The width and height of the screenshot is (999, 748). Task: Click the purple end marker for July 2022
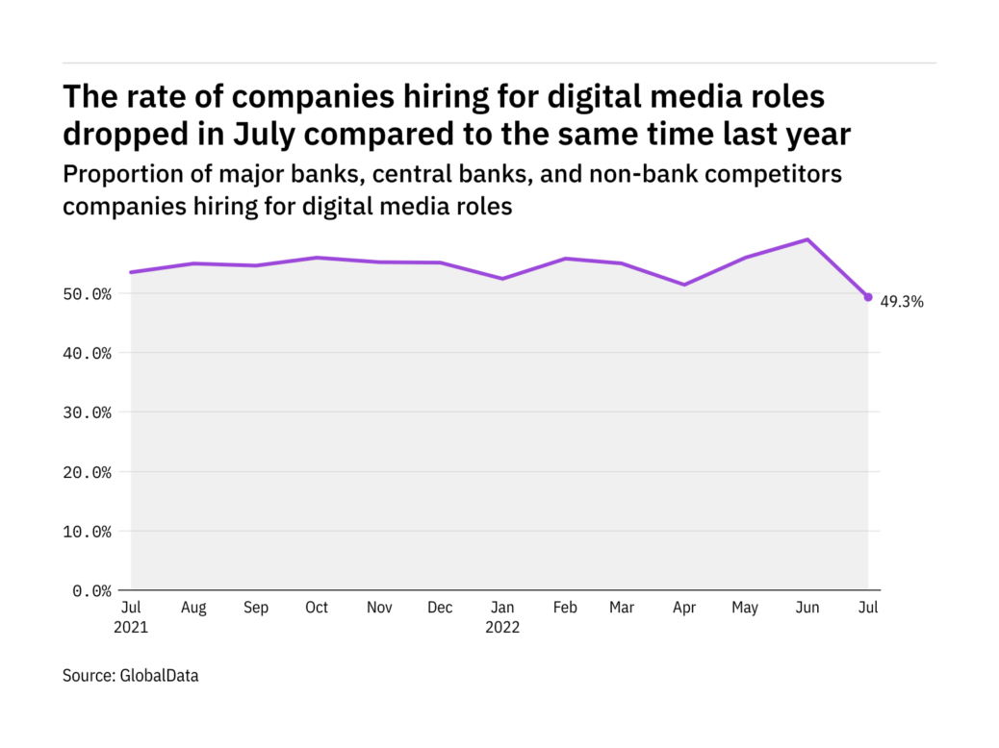[868, 297]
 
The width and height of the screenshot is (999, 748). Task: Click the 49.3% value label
[902, 302]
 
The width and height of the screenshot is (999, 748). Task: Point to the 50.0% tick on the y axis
[86, 293]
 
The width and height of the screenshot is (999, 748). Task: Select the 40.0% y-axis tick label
[86, 353]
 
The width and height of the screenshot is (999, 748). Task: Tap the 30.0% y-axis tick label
[86, 412]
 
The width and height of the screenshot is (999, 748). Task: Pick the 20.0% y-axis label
[86, 472]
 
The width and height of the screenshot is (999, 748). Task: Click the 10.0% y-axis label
[86, 531]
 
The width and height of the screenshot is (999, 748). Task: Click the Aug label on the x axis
[192, 608]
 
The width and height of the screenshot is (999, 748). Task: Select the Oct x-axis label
[316, 608]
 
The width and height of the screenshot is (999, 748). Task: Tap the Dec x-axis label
[440, 608]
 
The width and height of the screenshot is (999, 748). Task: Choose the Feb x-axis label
[564, 608]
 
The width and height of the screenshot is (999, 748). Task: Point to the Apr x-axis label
[683, 608]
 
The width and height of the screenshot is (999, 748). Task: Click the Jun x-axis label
[807, 608]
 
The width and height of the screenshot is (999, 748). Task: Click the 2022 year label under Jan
[502, 628]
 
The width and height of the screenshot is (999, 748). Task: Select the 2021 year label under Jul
[131, 628]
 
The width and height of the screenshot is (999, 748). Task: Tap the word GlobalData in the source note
[159, 676]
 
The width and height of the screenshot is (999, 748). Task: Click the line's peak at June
[807, 239]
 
